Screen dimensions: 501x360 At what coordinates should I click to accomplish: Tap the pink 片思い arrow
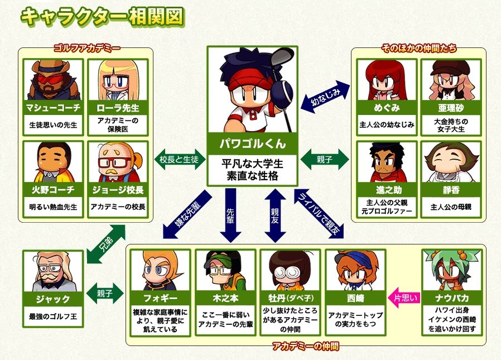[403, 298]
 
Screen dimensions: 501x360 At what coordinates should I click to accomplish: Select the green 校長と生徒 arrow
[180, 159]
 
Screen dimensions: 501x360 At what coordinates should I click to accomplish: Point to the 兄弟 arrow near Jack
[107, 244]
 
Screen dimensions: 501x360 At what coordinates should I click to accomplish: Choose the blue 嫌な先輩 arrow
[187, 214]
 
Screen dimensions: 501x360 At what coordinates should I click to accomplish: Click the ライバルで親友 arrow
[319, 214]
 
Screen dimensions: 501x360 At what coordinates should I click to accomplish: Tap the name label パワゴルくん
[252, 143]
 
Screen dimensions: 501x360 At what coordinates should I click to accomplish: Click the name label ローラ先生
[118, 108]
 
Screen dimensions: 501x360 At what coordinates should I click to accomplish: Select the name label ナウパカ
[452, 298]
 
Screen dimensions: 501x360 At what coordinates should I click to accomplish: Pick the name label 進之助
[387, 190]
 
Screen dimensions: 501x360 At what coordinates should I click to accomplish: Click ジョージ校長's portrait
[118, 162]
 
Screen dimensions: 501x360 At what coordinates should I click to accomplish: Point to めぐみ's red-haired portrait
[387, 80]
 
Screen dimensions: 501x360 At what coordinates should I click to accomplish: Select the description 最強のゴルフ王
[53, 316]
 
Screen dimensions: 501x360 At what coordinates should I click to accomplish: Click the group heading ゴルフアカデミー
[87, 48]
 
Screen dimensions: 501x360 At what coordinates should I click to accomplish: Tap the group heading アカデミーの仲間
[306, 346]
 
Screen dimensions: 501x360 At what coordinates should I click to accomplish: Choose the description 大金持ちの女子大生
[451, 126]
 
